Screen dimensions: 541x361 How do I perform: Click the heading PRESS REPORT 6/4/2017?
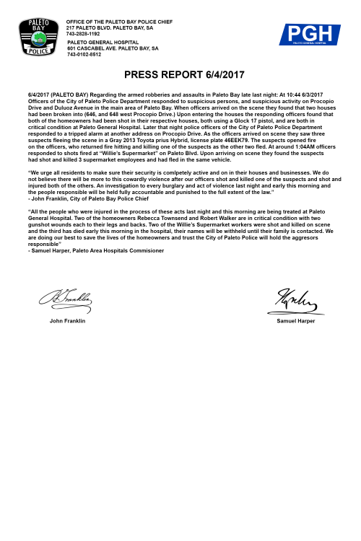pos(180,75)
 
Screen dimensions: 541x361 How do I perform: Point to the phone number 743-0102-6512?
pos(85,53)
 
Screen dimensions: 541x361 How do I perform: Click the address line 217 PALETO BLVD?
pos(110,29)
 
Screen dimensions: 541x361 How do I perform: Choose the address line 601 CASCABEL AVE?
pos(113,48)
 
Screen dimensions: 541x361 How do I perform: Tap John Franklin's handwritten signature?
pos(71,296)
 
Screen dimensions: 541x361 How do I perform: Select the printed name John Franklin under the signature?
pos(68,320)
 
